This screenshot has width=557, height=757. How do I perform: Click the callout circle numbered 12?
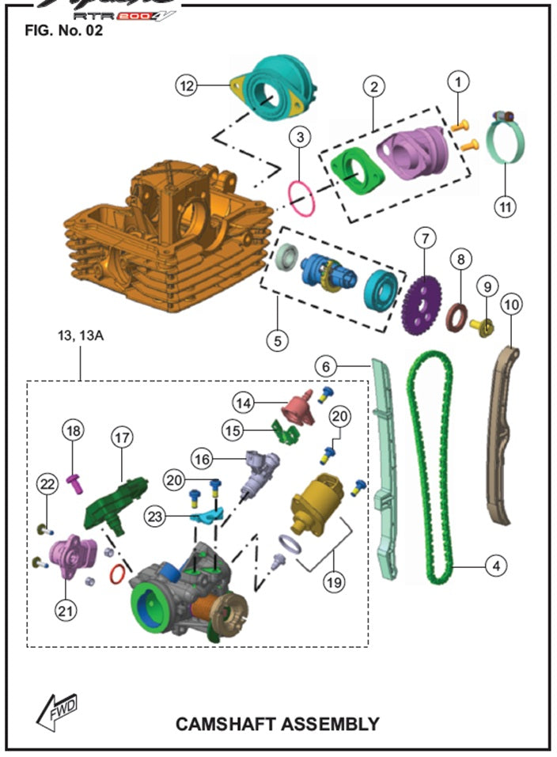(x=186, y=86)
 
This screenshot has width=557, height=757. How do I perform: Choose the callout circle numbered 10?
(x=511, y=304)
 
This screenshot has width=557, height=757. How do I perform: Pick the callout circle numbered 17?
(x=123, y=437)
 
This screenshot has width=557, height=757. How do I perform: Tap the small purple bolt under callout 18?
(x=77, y=481)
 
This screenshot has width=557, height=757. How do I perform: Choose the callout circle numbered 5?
(x=276, y=340)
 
